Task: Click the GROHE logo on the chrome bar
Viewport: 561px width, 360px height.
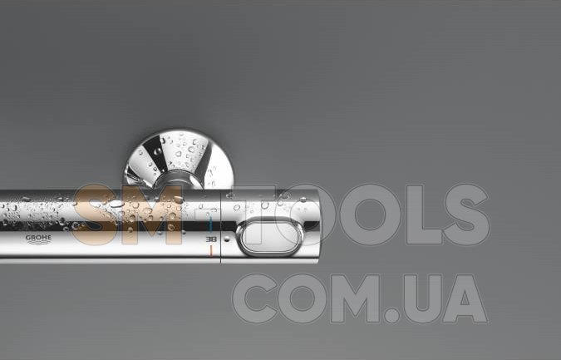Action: click(38, 239)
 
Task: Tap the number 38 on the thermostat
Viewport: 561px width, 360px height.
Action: click(211, 239)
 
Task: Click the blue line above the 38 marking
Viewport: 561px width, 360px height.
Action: click(211, 224)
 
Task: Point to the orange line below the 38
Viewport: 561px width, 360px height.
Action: click(211, 250)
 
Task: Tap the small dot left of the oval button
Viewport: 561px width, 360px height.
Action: click(226, 239)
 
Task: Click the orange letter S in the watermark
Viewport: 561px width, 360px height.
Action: click(94, 214)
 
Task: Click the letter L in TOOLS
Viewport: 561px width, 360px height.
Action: click(423, 215)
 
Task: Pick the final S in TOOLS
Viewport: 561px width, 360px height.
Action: click(466, 215)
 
